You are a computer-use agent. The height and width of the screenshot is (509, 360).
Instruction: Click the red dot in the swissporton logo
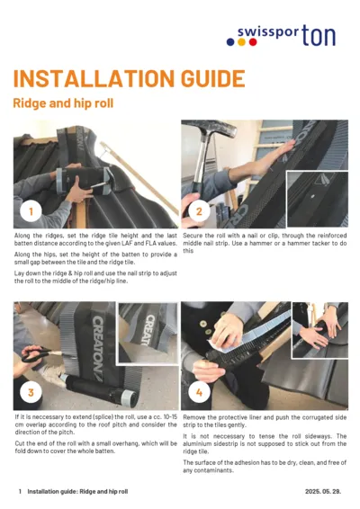(242, 41)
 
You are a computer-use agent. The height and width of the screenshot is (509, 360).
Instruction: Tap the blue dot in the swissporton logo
(230, 41)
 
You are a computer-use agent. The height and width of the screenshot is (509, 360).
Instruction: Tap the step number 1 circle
(31, 211)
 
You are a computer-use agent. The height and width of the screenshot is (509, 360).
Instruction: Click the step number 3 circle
(31, 392)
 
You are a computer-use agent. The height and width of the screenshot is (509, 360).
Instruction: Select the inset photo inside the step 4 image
(319, 325)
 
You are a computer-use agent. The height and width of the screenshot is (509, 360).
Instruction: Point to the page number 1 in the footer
(20, 492)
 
